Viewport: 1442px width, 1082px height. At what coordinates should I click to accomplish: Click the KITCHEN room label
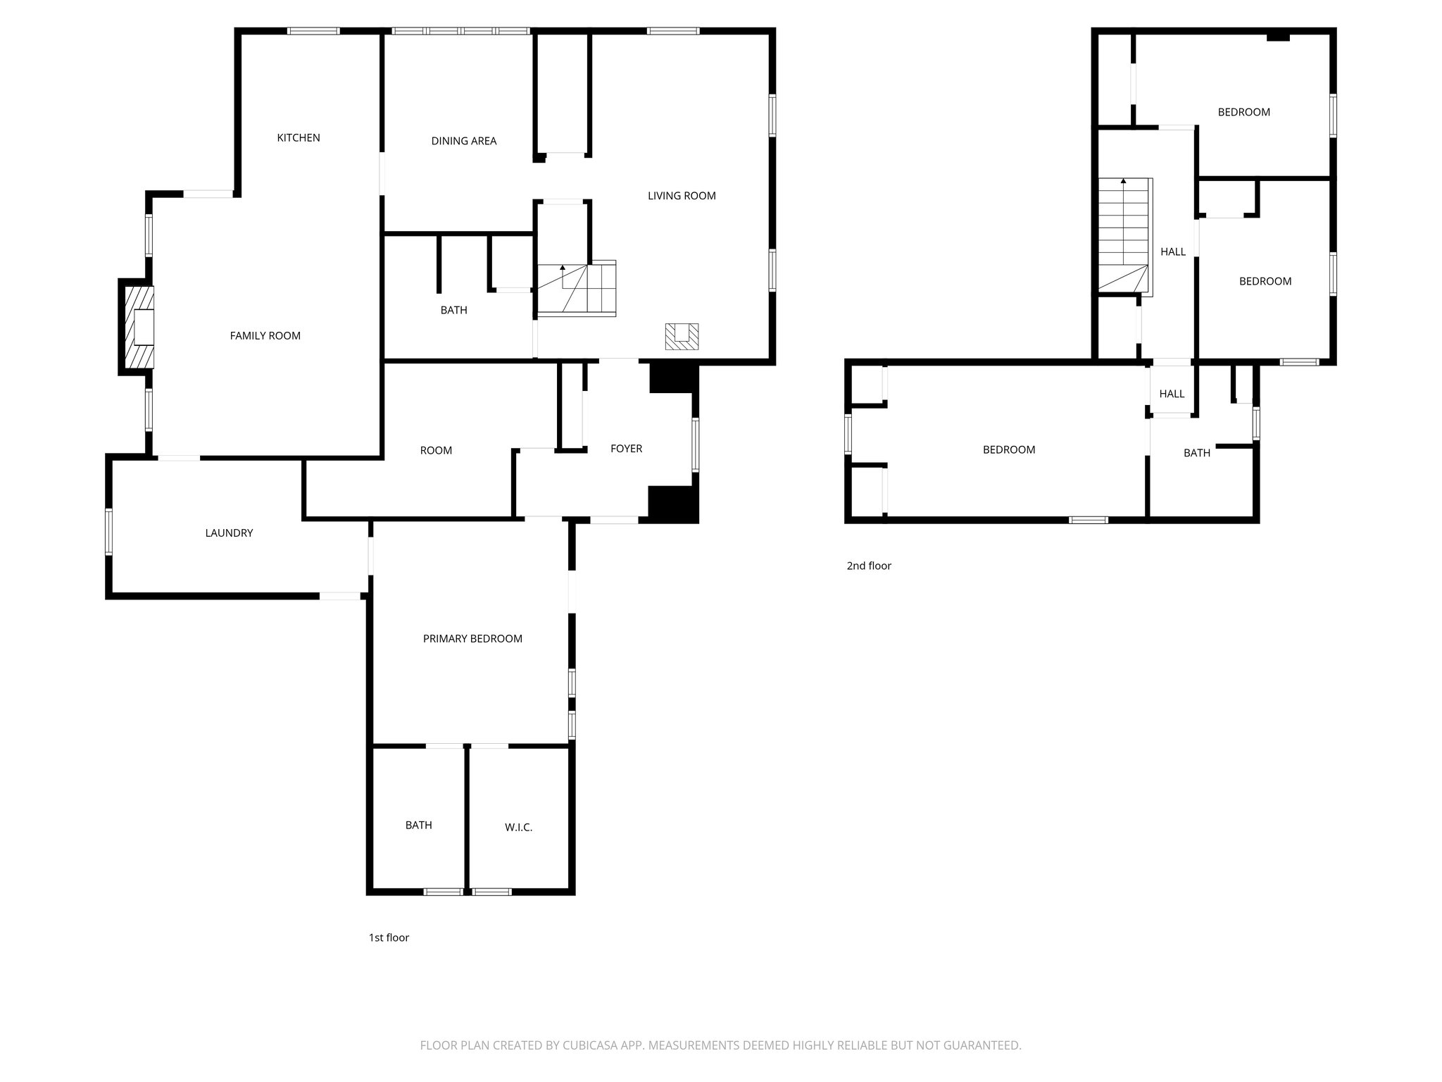299,138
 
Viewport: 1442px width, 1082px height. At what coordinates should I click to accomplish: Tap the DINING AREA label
464,142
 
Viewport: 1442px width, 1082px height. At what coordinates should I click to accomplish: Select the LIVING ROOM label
682,196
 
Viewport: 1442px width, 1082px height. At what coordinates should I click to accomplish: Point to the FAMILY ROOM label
265,336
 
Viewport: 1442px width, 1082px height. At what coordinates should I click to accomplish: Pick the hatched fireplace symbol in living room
682,337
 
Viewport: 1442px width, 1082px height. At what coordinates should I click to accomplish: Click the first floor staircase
577,289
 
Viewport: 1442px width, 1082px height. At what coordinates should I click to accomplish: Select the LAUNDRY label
229,533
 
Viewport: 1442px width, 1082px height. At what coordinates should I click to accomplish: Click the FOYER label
626,449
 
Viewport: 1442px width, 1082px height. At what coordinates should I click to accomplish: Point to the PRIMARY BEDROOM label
472,639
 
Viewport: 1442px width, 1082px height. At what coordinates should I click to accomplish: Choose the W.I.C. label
518,828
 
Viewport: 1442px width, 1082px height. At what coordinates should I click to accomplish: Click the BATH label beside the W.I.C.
418,826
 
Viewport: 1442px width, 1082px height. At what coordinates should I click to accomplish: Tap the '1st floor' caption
389,938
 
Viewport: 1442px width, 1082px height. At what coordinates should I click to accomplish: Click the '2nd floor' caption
869,566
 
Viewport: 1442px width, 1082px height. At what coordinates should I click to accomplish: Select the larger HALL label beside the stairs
1173,251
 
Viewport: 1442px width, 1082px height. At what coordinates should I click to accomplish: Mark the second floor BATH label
1197,453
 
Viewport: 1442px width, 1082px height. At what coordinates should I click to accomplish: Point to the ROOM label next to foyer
436,451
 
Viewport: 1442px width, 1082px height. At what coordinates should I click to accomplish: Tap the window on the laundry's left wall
109,532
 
